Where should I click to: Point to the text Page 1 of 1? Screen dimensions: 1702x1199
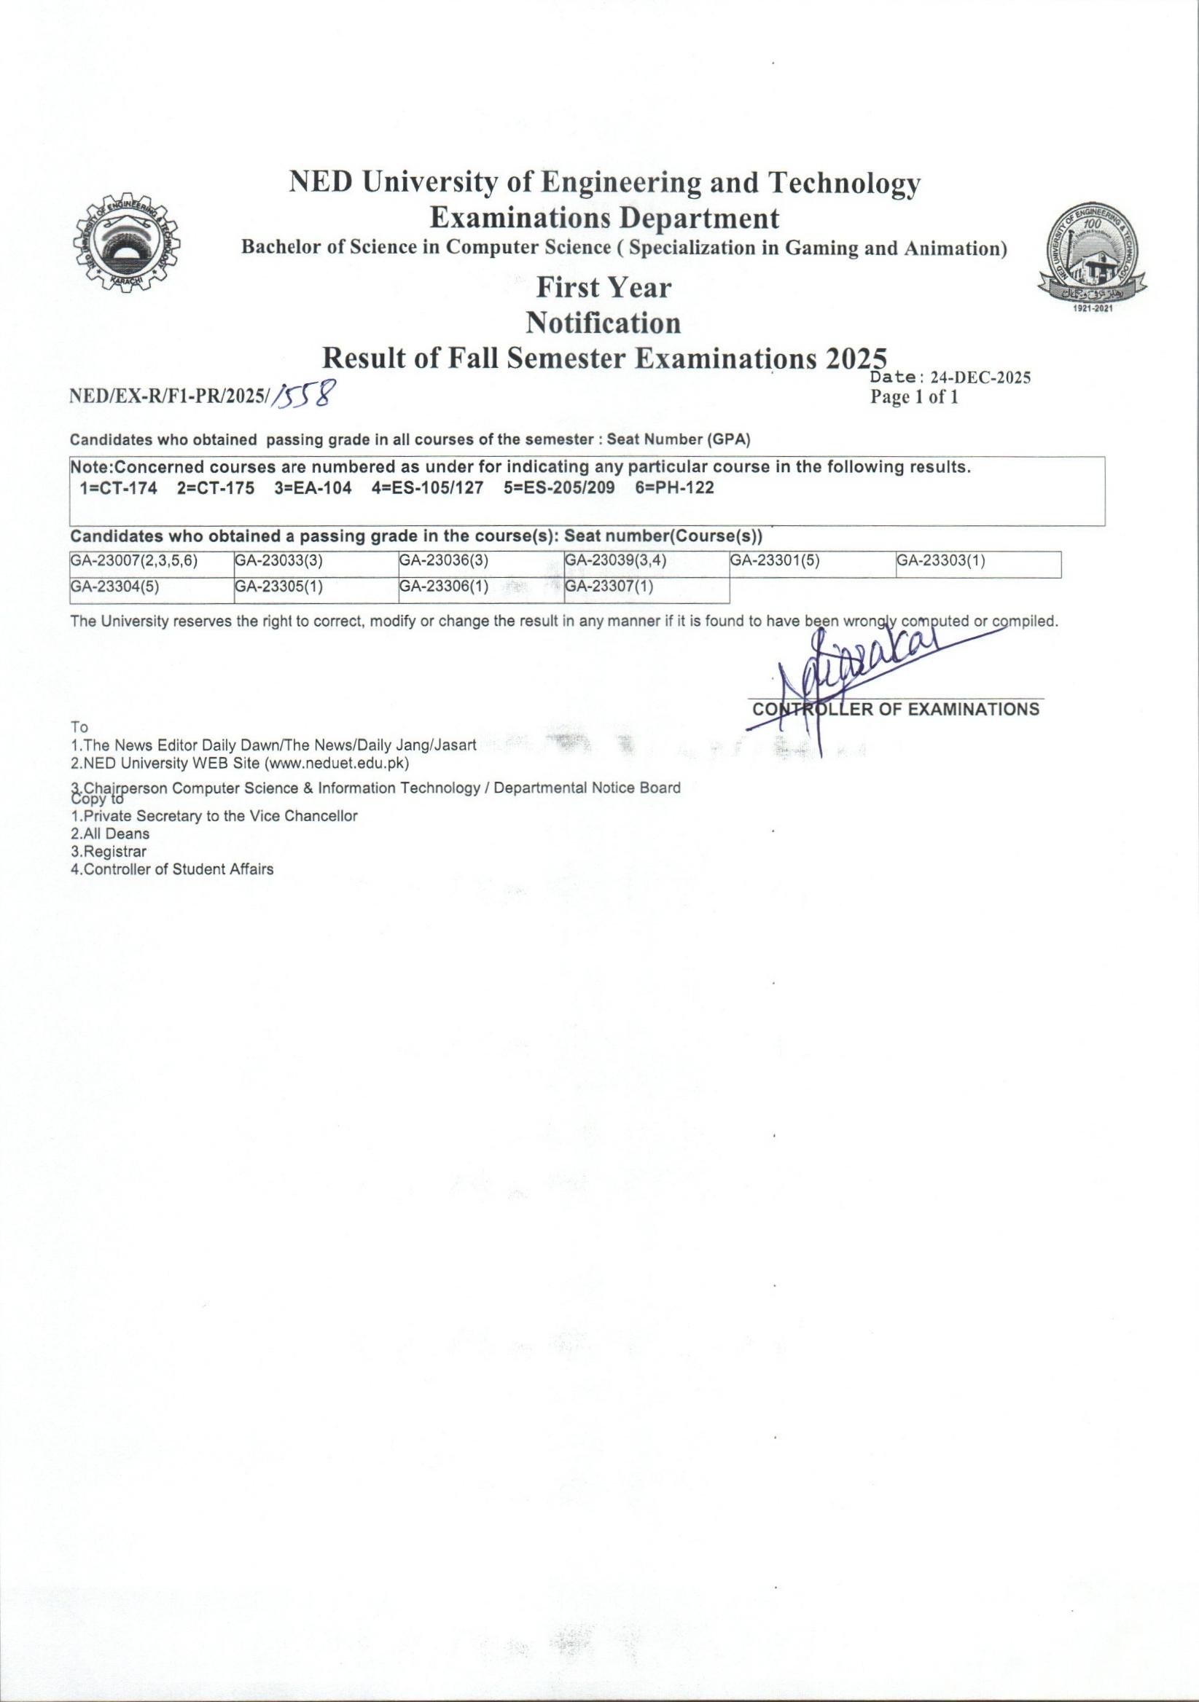point(915,397)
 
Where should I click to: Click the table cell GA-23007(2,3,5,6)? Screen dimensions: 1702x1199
point(134,561)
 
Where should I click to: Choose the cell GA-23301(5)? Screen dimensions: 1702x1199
point(775,561)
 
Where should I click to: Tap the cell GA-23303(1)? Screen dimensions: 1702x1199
point(940,561)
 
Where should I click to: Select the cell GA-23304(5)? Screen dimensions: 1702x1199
point(115,587)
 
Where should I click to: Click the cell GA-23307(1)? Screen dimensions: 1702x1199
point(609,587)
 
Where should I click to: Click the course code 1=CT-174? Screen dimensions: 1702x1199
point(118,488)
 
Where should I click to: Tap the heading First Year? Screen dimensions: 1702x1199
point(604,288)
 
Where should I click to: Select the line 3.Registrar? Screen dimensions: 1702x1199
point(109,852)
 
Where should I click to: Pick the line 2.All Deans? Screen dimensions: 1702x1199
point(110,834)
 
